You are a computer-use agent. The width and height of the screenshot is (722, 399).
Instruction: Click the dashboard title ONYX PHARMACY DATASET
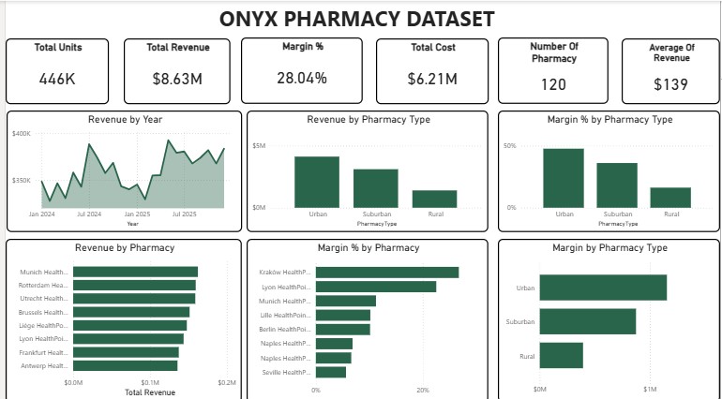click(357, 18)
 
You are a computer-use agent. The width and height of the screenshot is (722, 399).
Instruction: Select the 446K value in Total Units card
click(57, 80)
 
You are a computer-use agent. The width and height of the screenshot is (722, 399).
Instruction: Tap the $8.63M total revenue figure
click(177, 80)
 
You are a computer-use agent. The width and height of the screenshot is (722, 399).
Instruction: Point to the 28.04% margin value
click(302, 78)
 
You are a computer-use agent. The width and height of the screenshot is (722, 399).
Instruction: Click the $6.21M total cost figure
click(433, 80)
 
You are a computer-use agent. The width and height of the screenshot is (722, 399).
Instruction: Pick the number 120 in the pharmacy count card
click(553, 84)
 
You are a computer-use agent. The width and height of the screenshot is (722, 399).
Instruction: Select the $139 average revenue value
click(670, 84)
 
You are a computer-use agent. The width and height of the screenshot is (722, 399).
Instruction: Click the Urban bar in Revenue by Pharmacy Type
click(317, 182)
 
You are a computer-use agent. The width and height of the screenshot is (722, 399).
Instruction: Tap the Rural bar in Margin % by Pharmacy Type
click(670, 197)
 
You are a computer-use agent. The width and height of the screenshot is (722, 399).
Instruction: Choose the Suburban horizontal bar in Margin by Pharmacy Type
click(588, 321)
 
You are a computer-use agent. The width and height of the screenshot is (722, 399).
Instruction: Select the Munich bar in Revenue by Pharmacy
click(135, 272)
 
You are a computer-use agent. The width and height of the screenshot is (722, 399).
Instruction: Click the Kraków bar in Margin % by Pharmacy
click(387, 272)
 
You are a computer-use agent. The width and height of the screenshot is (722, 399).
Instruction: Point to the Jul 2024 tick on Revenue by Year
click(89, 214)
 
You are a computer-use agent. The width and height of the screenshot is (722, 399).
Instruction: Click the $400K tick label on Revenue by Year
click(22, 134)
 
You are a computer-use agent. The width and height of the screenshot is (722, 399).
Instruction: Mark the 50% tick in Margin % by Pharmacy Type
click(510, 146)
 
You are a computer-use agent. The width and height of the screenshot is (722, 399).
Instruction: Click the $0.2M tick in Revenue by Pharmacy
click(226, 383)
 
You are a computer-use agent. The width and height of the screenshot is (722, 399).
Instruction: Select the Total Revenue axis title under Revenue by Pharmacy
click(149, 392)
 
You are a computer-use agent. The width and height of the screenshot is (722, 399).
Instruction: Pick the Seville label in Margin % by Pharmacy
click(284, 372)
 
